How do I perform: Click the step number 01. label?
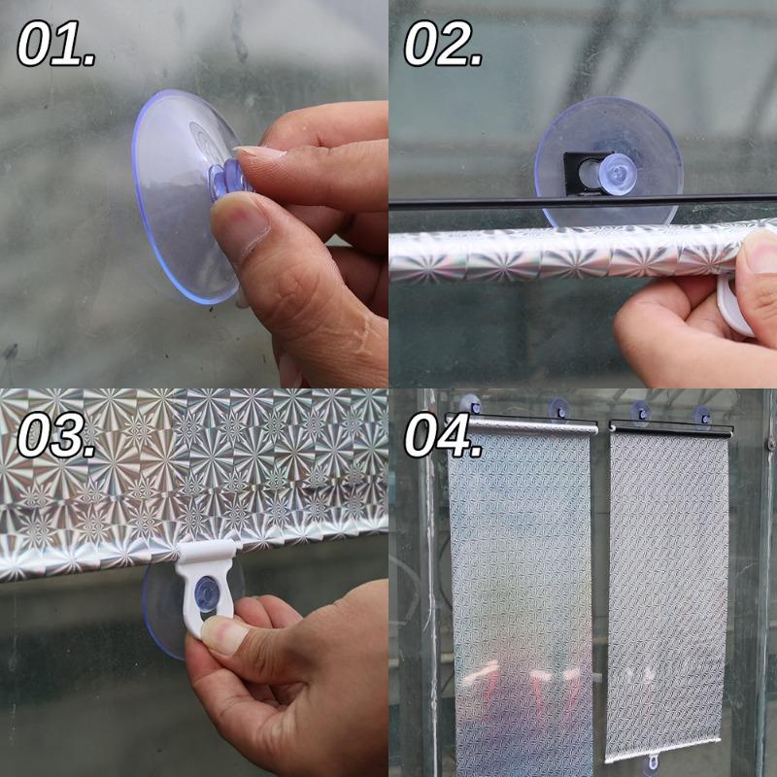point(56,45)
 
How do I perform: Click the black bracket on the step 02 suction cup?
point(580,172)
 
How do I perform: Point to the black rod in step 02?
point(466,203)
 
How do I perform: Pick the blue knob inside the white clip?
point(206,592)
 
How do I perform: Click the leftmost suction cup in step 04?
point(470,403)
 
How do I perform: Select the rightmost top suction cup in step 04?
point(701,413)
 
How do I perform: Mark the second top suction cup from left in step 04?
point(557,409)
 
